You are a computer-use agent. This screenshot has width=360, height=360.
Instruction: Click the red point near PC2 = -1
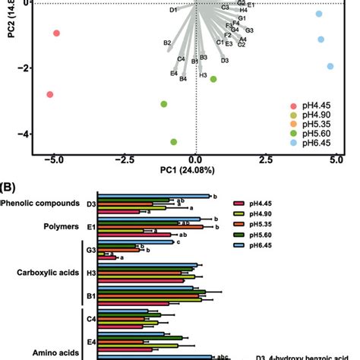[56, 33]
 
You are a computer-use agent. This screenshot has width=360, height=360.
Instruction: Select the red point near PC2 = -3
[49, 94]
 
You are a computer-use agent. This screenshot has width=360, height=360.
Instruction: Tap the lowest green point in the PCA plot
[174, 142]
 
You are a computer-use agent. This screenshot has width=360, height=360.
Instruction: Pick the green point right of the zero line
[213, 79]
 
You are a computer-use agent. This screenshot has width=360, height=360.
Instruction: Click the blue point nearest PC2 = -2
[330, 67]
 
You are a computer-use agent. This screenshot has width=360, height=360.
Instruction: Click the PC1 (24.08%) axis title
[196, 172]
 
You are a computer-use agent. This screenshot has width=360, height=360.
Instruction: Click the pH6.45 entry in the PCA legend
[320, 144]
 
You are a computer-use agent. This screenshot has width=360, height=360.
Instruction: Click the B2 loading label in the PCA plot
[167, 43]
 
